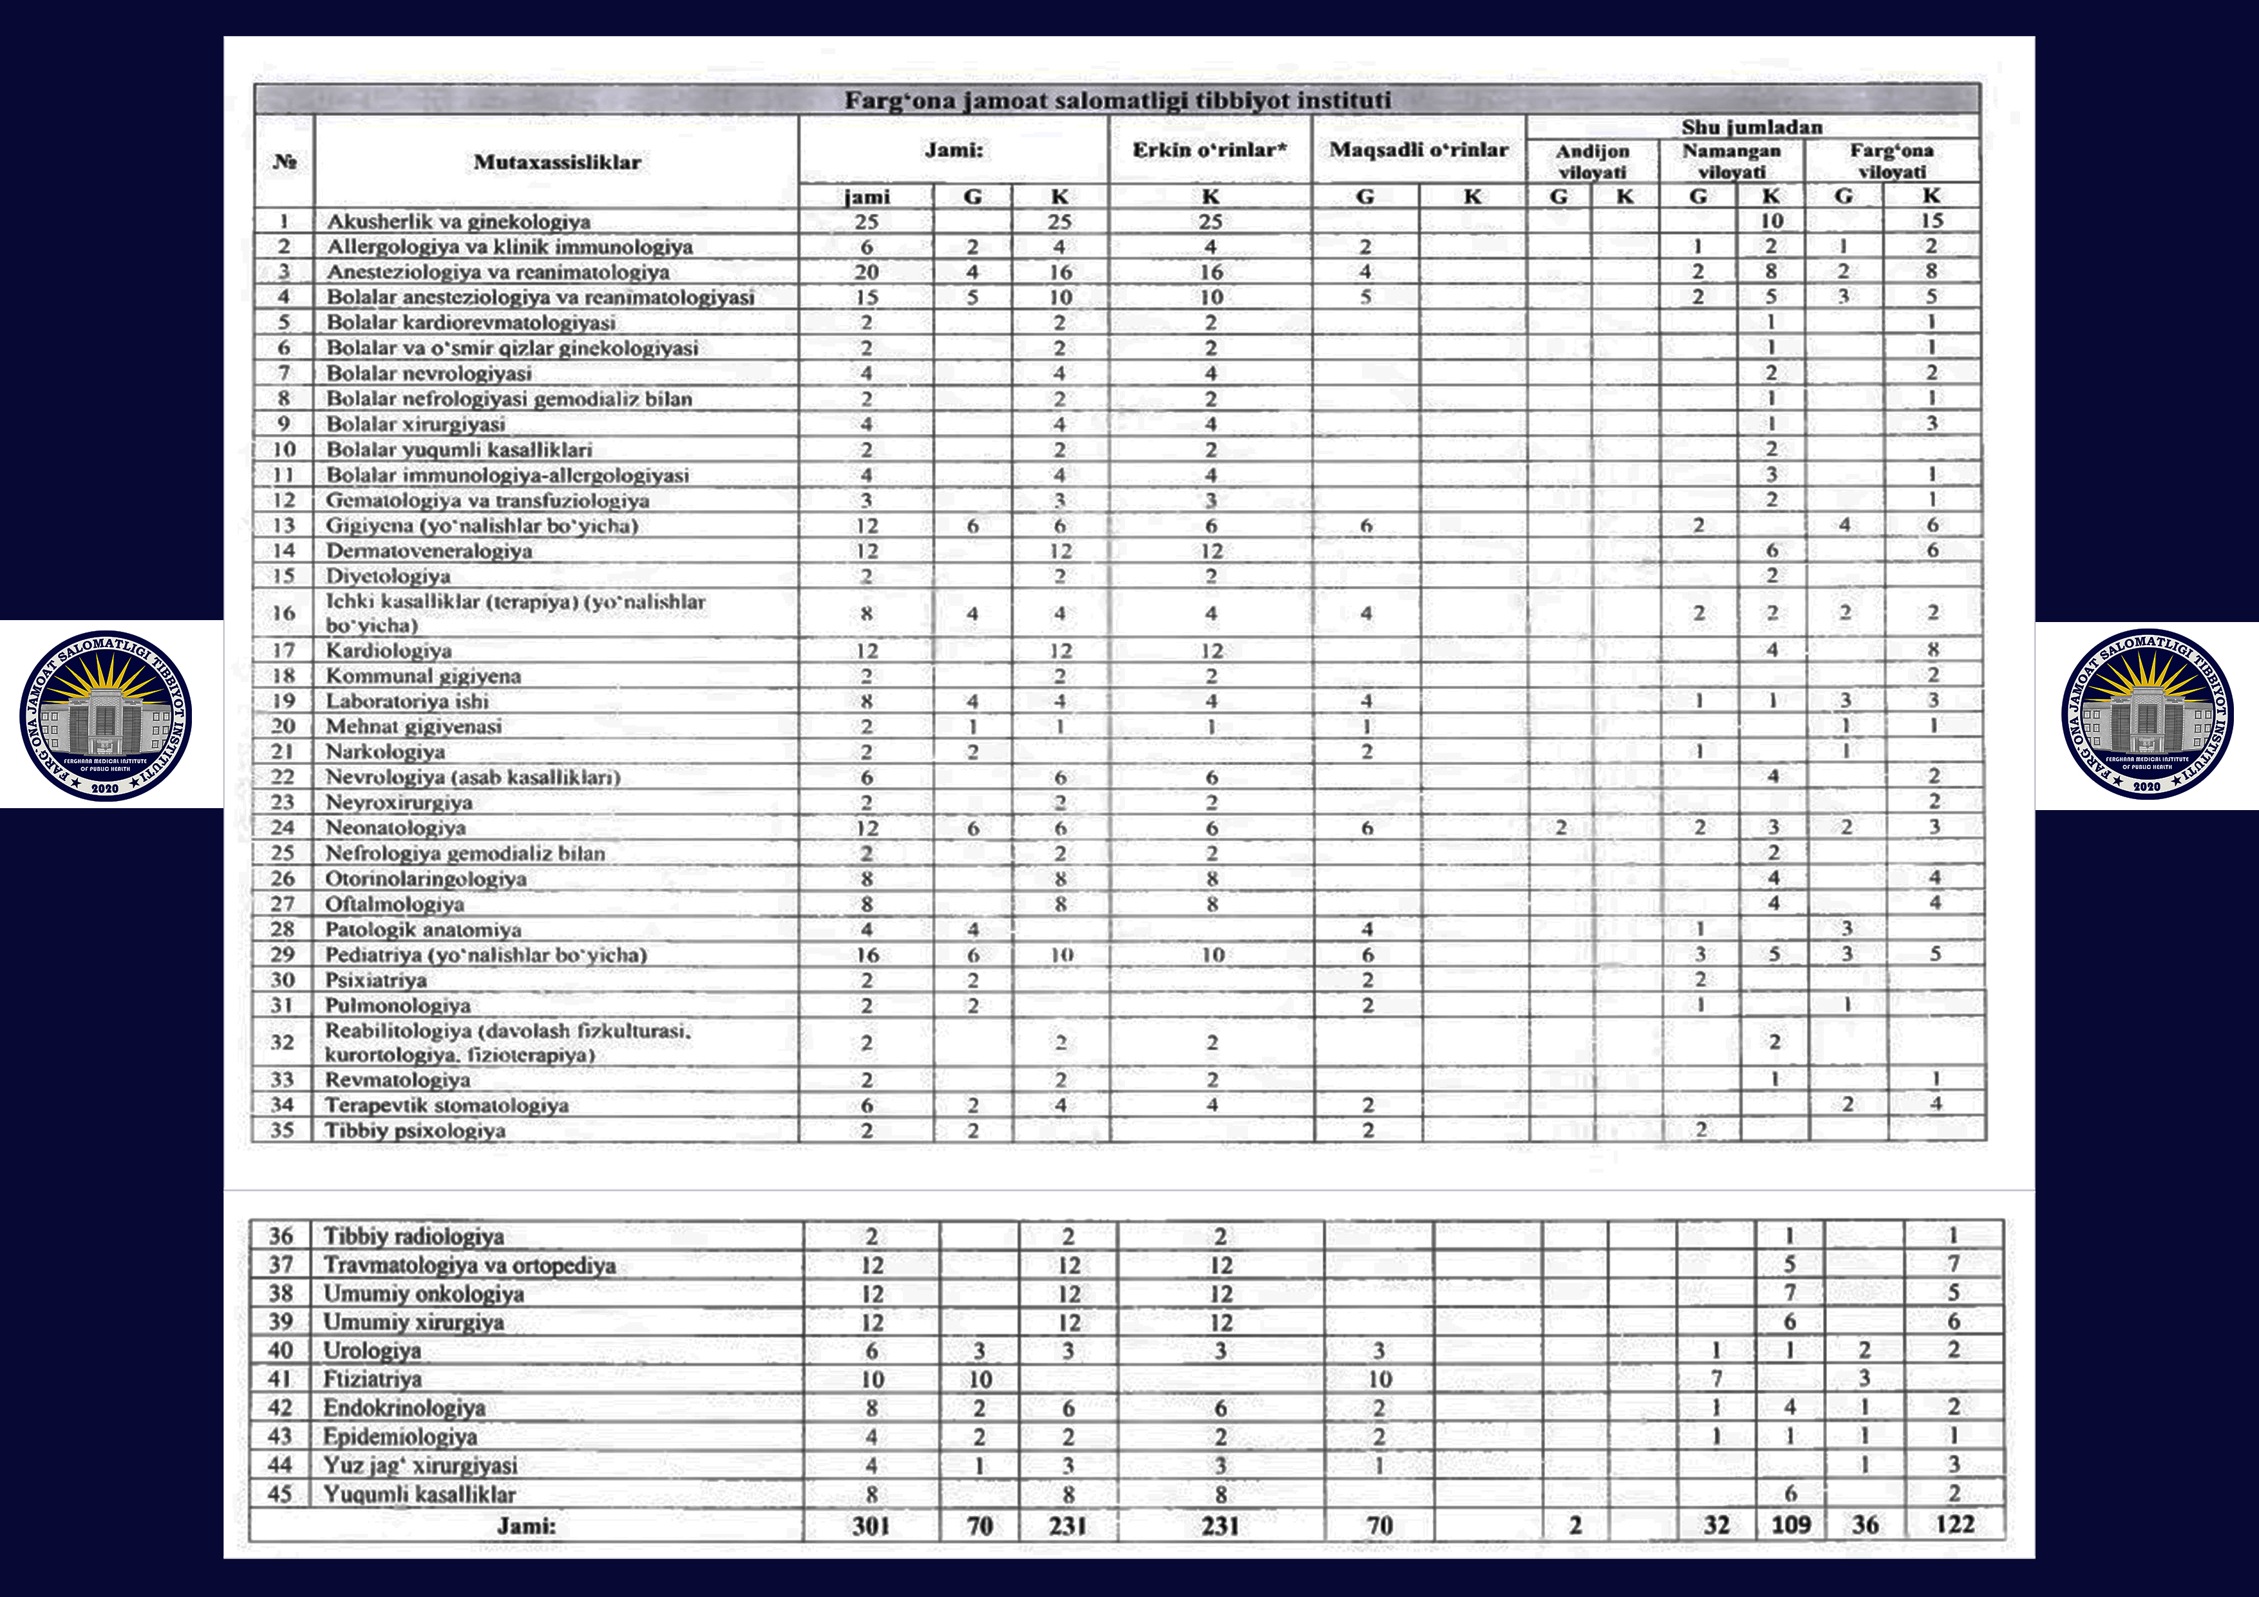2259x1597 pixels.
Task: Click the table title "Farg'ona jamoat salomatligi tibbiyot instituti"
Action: pos(1117,100)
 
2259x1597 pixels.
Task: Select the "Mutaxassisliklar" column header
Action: pos(557,162)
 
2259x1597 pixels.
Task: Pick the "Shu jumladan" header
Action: pos(1752,127)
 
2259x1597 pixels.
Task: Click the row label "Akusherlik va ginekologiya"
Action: pos(458,222)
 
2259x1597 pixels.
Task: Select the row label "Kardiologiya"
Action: pos(389,650)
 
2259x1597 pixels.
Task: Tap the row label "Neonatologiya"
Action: pos(395,827)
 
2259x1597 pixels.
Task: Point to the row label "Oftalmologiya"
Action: pos(395,904)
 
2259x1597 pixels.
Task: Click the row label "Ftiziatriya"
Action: pos(372,1379)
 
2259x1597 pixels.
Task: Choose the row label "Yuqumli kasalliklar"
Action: pos(419,1494)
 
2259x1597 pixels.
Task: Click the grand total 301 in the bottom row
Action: pos(871,1525)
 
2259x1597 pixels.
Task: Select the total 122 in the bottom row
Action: pos(1954,1524)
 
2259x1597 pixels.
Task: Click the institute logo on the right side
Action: pos(2148,714)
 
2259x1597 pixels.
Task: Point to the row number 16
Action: pos(283,613)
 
